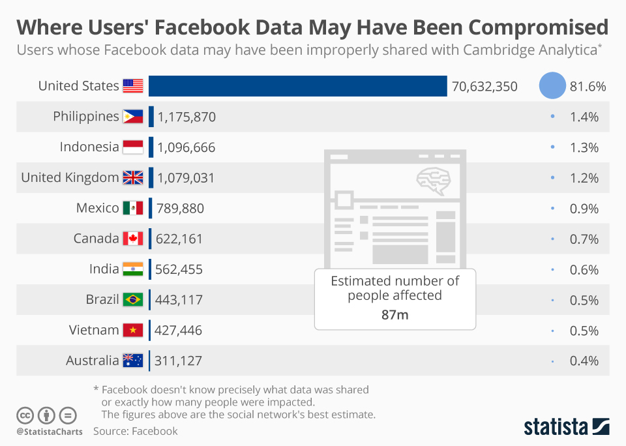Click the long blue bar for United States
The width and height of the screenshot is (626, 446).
pos(297,86)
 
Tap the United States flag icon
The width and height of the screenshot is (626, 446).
pos(133,86)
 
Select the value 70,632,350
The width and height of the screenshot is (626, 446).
pos(484,86)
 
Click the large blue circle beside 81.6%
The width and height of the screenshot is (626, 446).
pos(552,86)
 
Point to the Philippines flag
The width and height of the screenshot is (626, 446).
pos(133,117)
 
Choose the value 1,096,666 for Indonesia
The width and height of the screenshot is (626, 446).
pos(186,147)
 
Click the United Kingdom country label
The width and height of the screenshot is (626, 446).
pos(70,177)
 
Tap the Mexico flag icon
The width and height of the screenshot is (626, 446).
pos(133,208)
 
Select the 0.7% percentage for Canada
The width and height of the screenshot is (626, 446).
pos(583,239)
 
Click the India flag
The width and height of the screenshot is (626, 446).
pos(133,269)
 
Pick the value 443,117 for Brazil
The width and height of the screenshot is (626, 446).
pos(179,300)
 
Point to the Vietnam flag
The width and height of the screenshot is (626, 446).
pos(133,331)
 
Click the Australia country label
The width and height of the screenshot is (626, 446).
pos(93,361)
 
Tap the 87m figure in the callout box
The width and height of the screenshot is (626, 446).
pos(395,315)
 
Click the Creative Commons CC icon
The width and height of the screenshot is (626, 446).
pos(25,415)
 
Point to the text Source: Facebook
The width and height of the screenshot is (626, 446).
pos(135,431)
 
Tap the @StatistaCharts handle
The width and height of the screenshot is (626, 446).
pos(50,432)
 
